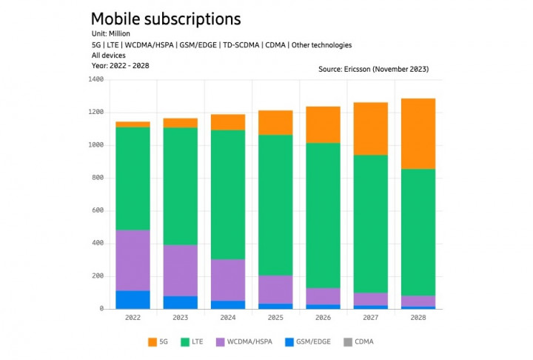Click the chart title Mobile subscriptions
tap(166, 19)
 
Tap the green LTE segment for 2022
tap(133, 179)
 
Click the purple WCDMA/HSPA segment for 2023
tap(181, 270)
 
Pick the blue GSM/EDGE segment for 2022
tap(133, 299)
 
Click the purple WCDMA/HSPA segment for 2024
tap(227, 280)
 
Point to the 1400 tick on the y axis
tap(95, 80)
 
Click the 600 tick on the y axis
tap(97, 211)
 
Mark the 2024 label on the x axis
tap(227, 319)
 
